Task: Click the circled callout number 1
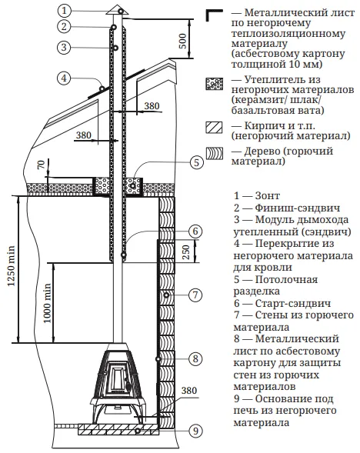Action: click(x=64, y=11)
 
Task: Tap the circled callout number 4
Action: click(x=64, y=78)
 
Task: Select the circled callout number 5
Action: click(x=196, y=162)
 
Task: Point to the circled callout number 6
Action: click(x=195, y=231)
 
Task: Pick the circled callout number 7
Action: click(x=195, y=295)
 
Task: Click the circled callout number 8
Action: click(x=195, y=359)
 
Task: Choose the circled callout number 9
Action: click(x=195, y=431)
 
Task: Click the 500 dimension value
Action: click(x=182, y=41)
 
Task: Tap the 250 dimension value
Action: click(x=185, y=252)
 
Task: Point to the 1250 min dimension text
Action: click(x=11, y=266)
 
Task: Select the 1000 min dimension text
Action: click(x=47, y=303)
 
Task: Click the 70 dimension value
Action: click(x=42, y=165)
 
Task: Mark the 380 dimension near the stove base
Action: click(x=189, y=391)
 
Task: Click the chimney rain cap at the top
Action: click(x=117, y=10)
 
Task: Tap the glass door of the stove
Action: click(x=118, y=378)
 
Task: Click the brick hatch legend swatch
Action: click(x=214, y=127)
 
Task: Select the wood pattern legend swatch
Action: click(x=215, y=153)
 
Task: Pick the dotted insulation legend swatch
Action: click(x=214, y=84)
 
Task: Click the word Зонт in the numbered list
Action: click(x=268, y=196)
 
